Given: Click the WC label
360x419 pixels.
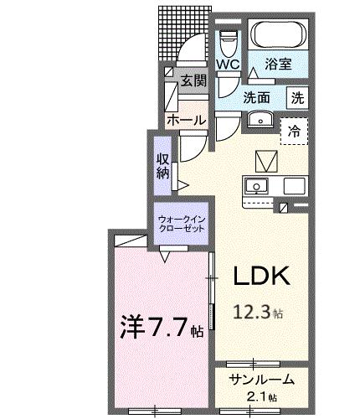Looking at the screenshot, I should click(227, 65).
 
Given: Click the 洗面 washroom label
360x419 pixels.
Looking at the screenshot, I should click(256, 97).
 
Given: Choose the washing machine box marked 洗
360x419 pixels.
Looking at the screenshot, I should click(297, 96).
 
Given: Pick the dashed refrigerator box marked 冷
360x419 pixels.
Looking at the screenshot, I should click(294, 130).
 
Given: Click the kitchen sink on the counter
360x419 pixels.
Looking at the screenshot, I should click(256, 186).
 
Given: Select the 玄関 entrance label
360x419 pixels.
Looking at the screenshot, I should click(193, 81).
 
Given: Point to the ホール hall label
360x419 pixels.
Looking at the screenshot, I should click(186, 121).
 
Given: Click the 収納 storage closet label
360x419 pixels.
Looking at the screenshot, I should click(162, 166).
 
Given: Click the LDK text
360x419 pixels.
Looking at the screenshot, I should click(260, 276).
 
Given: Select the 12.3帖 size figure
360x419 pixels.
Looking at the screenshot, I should click(259, 314).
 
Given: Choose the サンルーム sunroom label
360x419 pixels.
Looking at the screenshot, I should click(260, 379).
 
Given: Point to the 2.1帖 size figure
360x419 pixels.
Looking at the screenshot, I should click(260, 396).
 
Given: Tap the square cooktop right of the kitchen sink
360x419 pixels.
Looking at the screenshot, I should click(294, 186).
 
